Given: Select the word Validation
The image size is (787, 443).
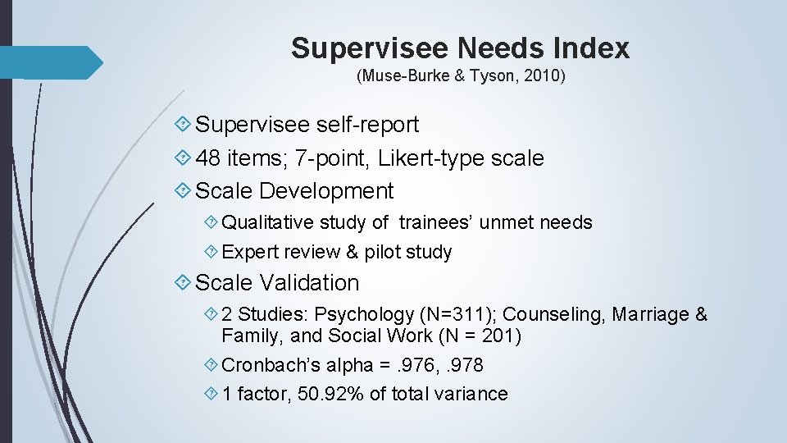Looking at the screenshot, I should click(309, 283).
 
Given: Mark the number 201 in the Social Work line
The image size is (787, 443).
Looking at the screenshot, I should click(502, 336).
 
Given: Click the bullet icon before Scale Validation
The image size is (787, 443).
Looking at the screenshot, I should click(184, 283).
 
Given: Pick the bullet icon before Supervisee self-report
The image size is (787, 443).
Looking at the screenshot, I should click(184, 125).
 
